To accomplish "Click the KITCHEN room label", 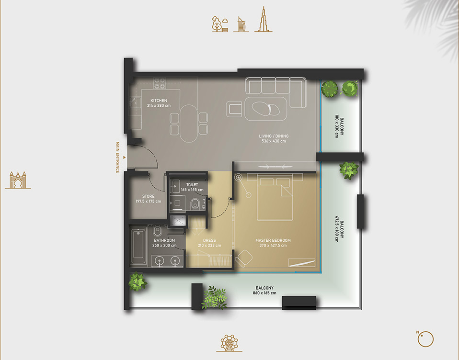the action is coord(159,101).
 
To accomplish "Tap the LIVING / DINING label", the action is coord(274,136).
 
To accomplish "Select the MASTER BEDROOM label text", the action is coord(273,240).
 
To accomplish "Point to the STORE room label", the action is coord(149,196).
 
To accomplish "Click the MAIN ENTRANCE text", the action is coord(118,157).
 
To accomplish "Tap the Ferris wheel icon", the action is coord(229,343).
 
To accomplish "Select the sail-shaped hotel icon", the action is coord(241,24).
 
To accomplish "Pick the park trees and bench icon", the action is coord(220,24).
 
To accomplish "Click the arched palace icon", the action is coord(18,180).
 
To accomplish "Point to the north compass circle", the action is coord(425,339).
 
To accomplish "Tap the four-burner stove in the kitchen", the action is coord(160,83).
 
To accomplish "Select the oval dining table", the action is coord(189,124).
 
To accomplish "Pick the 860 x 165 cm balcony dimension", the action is coord(264,293).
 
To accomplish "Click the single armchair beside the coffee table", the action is coord(234,109).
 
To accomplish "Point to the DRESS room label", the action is coord(209,240).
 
